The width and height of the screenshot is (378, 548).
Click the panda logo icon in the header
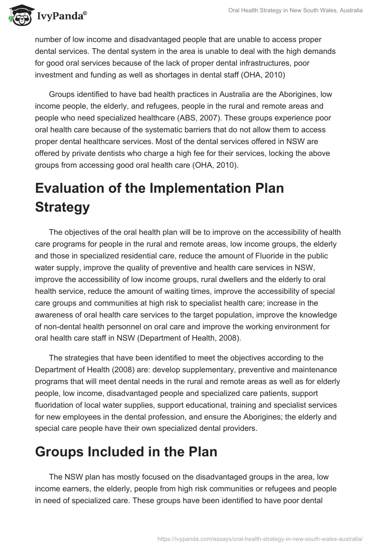click(x=17, y=16)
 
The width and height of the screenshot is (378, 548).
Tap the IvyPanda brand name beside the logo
click(x=60, y=17)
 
